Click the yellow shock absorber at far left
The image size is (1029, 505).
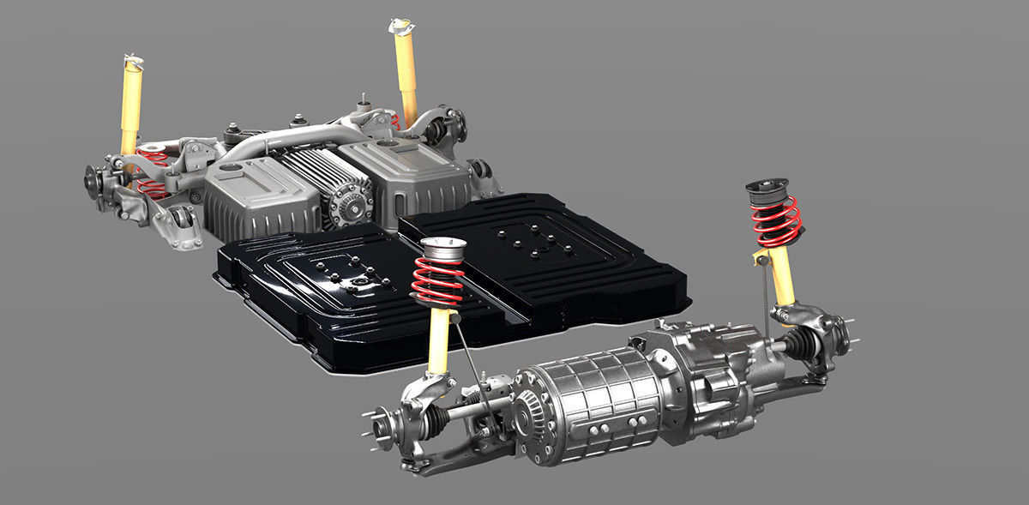pos(131,103)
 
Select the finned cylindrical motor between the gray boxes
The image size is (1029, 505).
pos(339,184)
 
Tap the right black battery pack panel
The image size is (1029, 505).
pos(549,257)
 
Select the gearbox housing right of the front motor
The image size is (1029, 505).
pos(703,369)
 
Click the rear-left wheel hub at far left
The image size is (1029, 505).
pos(93,181)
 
